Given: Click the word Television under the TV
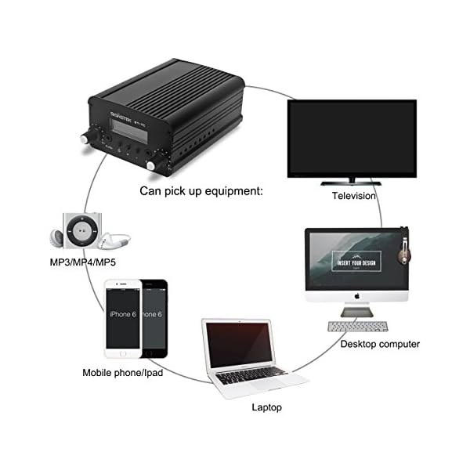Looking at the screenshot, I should (354, 196).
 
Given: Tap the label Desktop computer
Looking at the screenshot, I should (380, 344).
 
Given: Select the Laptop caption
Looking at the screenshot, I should (266, 407).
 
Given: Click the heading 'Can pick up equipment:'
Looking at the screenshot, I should (201, 190).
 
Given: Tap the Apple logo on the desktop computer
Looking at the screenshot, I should (356, 296).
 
